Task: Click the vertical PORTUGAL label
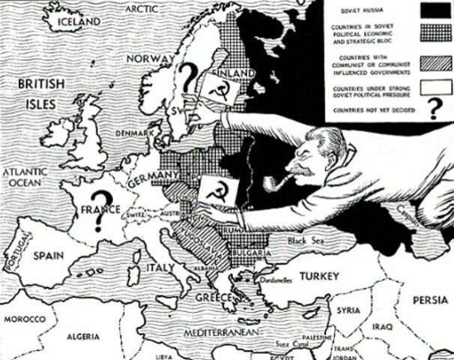point(9,255)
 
